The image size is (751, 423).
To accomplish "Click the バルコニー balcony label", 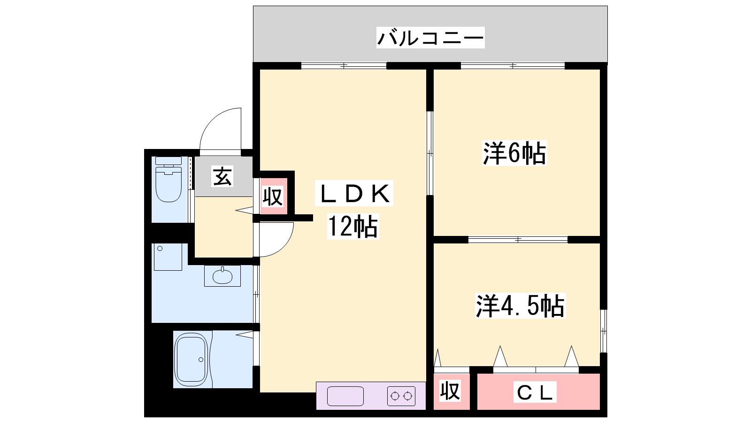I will click(430, 38).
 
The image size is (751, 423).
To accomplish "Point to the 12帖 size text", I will click(353, 227).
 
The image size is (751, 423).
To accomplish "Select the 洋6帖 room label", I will click(514, 153).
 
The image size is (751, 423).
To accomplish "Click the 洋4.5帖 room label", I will click(520, 306).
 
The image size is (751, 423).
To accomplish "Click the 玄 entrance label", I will click(222, 176).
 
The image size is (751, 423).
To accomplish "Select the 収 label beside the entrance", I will click(272, 196).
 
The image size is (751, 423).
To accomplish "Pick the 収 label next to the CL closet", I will click(450, 391).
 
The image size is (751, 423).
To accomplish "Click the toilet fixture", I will click(169, 183).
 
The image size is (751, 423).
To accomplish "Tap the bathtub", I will click(191, 360).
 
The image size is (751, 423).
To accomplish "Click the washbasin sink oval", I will click(222, 276).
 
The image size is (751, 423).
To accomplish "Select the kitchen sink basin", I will click(345, 396).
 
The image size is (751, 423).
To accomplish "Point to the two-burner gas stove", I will click(401, 396).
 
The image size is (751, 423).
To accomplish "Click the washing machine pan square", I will click(168, 257).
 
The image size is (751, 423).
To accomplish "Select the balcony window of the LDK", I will click(344, 66).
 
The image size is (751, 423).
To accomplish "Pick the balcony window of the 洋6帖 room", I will click(513, 66).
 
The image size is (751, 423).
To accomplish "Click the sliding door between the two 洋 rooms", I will click(518, 240).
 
